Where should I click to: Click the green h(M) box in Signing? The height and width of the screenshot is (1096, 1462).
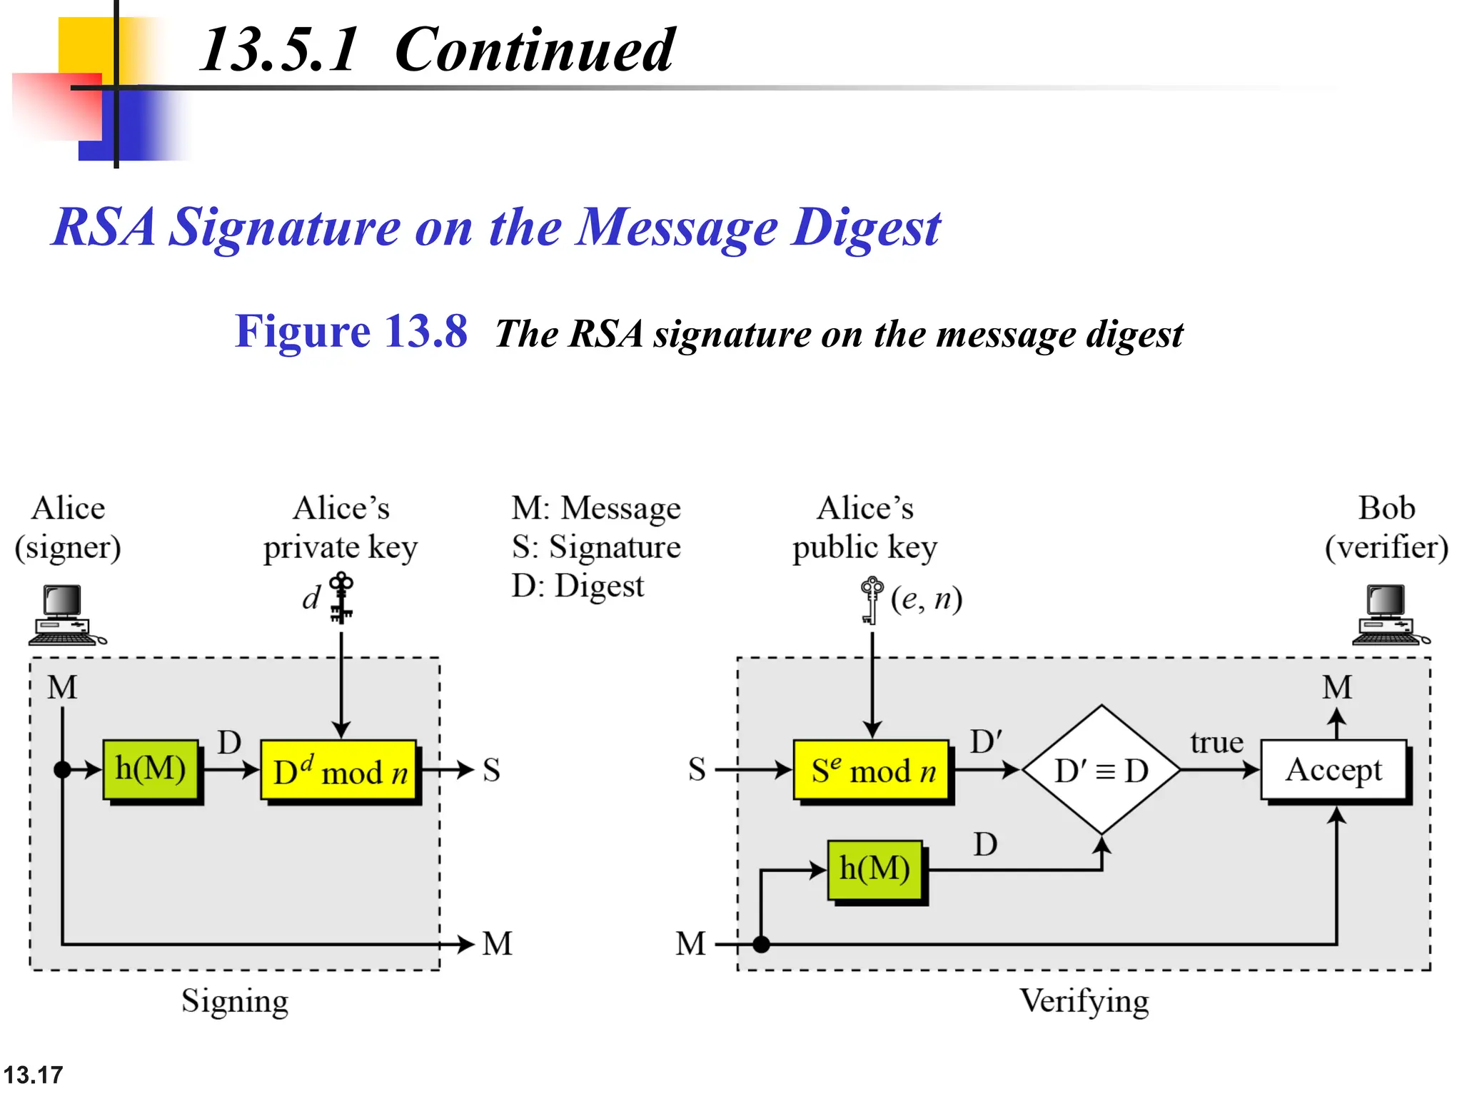(x=151, y=770)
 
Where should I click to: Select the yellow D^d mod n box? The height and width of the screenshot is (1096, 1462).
(x=339, y=771)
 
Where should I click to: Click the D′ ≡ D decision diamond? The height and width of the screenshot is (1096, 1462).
(x=1101, y=770)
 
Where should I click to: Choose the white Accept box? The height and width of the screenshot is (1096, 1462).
(x=1334, y=770)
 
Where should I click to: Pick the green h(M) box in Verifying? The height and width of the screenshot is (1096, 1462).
(x=875, y=870)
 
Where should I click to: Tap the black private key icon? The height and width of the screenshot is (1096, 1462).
(x=341, y=598)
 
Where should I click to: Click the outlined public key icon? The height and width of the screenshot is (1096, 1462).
(x=871, y=600)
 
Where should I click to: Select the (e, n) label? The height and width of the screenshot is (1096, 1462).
(x=927, y=599)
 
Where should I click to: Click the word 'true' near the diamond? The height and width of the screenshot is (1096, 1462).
(x=1216, y=743)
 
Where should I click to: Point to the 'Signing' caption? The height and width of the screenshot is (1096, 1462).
(x=235, y=1001)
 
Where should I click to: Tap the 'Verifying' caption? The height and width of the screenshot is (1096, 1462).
(x=1084, y=1001)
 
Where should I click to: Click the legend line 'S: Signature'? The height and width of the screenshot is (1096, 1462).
(x=596, y=547)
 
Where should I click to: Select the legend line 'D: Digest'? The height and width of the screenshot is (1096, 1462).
(x=578, y=586)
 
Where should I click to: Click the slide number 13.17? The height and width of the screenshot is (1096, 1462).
(x=33, y=1075)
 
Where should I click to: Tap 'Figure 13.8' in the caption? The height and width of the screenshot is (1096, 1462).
(x=351, y=332)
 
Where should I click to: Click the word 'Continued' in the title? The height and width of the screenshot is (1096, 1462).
(x=534, y=50)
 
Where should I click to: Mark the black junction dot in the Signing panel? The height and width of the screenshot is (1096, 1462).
(x=63, y=770)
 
